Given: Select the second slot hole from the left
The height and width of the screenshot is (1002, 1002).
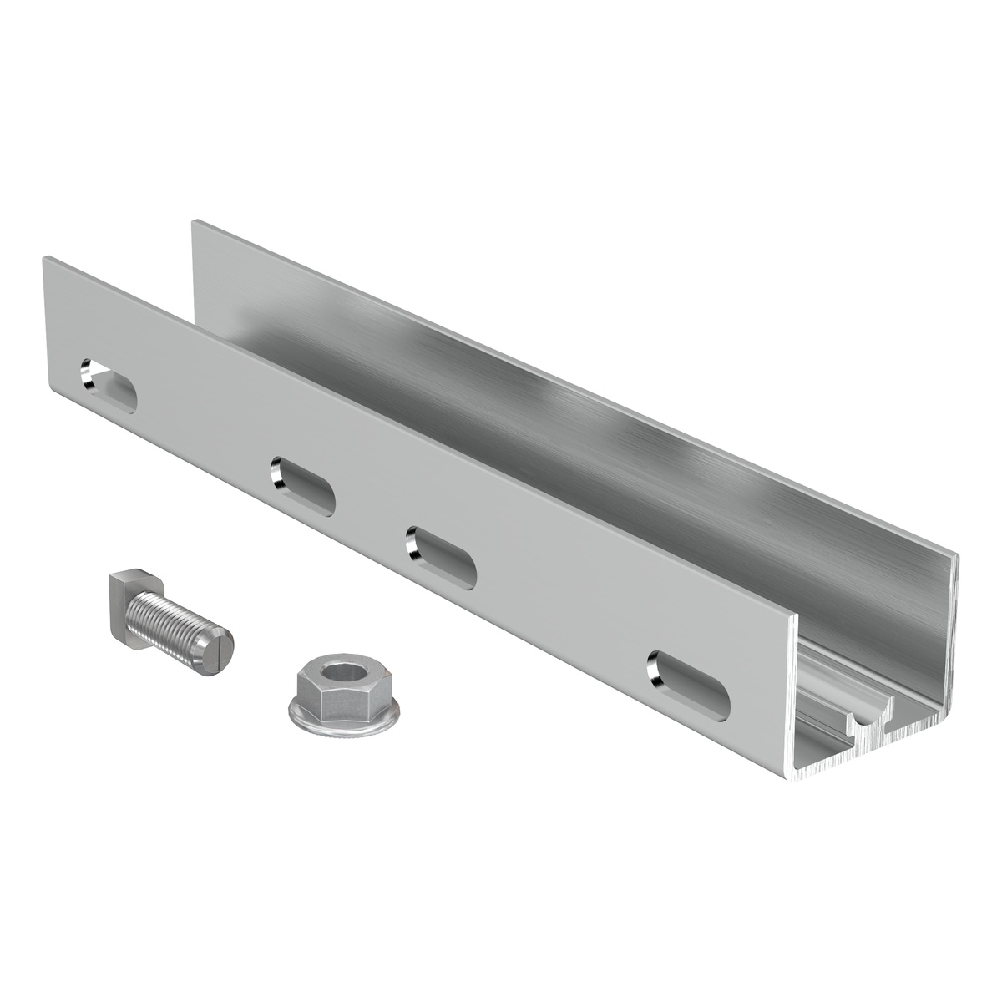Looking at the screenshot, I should point(302,483).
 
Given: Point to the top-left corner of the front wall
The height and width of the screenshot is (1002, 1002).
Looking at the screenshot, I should point(44,258).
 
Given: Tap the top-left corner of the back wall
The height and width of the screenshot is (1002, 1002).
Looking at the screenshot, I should point(195,221).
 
